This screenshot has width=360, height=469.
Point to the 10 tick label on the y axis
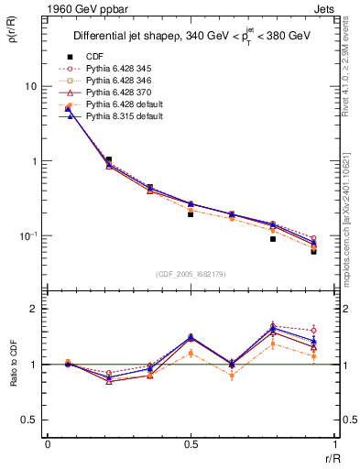click(30, 86)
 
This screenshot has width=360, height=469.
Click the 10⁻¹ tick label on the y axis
click(28, 236)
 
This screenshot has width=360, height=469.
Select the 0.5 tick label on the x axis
click(190, 443)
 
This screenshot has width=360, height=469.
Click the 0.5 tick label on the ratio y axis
click(28, 420)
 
